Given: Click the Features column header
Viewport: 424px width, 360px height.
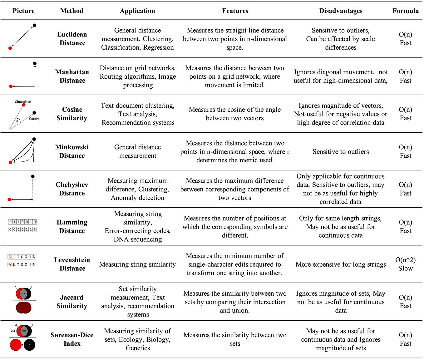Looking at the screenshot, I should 235,11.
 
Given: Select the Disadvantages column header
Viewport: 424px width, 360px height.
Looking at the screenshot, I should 341,11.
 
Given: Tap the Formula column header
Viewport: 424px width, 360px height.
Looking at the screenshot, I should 405,11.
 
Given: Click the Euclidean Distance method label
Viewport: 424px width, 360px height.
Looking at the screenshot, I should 72,39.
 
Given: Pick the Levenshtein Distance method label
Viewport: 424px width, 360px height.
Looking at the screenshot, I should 72,264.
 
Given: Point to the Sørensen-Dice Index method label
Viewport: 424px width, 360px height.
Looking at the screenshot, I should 72,339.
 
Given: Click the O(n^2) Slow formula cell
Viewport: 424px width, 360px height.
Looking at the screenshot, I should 405,264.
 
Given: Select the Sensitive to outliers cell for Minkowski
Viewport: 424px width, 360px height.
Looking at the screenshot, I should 341,152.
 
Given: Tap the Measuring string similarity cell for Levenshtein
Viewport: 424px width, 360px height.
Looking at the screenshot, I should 137,264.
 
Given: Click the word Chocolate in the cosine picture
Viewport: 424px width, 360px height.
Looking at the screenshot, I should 23,102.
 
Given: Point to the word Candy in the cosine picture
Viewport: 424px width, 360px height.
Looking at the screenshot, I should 34,119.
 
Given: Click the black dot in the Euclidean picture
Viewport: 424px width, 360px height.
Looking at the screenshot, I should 34,25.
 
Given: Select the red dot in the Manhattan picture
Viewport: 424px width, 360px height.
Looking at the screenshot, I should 11,86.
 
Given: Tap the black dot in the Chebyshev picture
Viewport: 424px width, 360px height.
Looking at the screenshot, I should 33,176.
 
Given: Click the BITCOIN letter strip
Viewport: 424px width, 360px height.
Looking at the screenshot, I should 22,257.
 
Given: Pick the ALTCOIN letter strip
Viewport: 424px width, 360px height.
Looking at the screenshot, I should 22,264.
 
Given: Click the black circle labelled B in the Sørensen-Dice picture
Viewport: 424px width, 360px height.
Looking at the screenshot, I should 29,345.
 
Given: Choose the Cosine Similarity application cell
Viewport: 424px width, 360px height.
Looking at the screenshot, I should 138,114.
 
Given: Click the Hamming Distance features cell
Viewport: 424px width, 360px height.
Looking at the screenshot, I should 235,227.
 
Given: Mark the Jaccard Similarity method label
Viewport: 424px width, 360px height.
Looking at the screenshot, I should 72,302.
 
